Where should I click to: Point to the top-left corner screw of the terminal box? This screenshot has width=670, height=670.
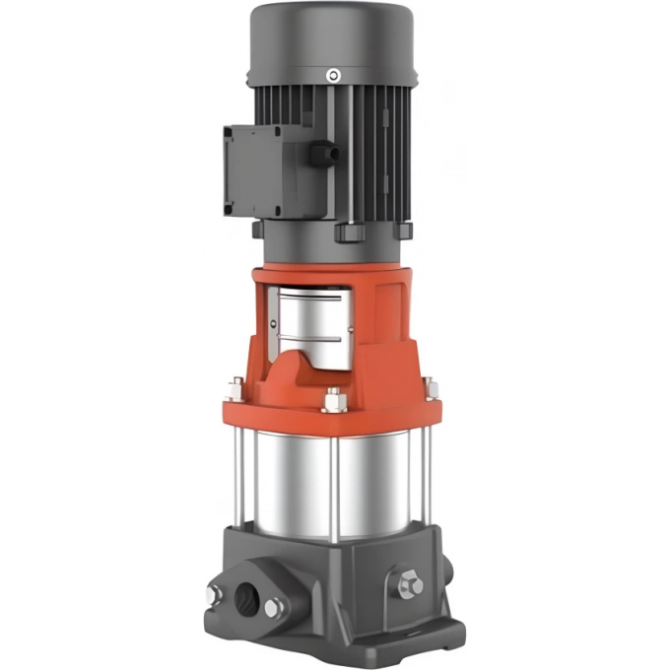(x=230, y=131)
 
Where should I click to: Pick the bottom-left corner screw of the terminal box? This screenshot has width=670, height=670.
(x=230, y=208)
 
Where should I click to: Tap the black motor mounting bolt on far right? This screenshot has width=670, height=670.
(x=402, y=229)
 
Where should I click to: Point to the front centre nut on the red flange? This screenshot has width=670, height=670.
(x=334, y=401)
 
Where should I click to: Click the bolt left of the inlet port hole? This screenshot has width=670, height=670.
(x=214, y=594)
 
